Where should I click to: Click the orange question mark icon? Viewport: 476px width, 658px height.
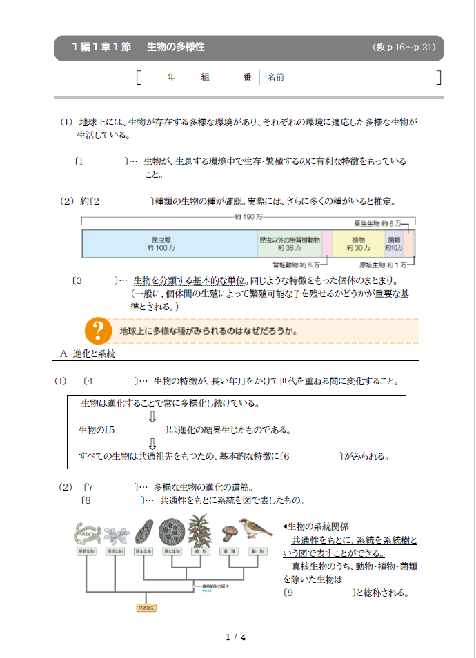point(98,331)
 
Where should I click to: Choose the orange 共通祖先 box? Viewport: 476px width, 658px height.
point(146,608)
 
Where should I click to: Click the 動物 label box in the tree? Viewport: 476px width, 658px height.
point(258,552)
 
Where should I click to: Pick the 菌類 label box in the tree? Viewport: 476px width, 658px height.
point(228,552)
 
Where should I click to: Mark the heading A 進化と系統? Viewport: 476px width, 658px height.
point(88,353)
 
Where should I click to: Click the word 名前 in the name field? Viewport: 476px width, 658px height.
point(275,78)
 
